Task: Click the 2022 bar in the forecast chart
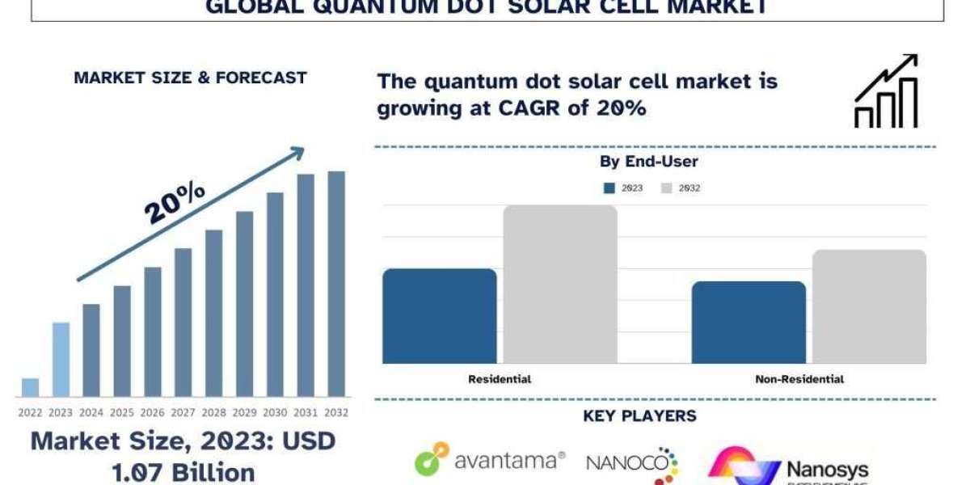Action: coord(30,387)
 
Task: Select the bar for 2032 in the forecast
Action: coord(335,284)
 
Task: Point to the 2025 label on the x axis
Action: coord(122,411)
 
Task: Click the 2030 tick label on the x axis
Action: coord(275,411)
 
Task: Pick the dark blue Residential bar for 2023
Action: coord(439,316)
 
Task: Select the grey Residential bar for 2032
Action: coord(560,284)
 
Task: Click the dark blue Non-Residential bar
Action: coord(749,323)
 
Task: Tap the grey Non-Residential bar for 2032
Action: coord(869,306)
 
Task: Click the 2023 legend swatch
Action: coord(609,188)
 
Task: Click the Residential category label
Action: coord(500,378)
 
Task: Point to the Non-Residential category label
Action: coord(799,378)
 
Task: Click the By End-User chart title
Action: coord(648,162)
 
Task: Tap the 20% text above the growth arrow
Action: coord(175,201)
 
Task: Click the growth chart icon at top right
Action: coord(886,91)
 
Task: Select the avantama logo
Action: coord(490,461)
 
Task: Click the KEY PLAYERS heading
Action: coord(639,416)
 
